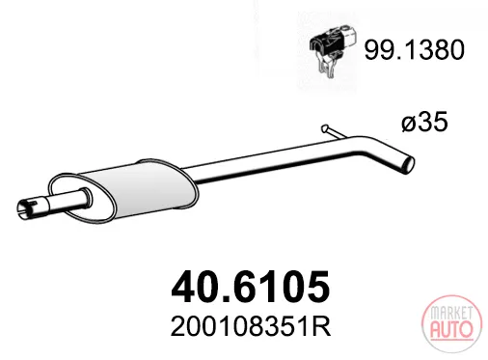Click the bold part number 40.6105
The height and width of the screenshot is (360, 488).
coord(251,287)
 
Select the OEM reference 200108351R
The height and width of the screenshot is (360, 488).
coord(251,327)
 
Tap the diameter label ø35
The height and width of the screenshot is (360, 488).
coord(424,122)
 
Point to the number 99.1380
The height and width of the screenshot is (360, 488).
coord(415,50)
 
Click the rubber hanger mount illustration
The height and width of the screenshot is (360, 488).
coord(333,49)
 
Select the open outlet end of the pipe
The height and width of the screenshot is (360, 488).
coord(408,165)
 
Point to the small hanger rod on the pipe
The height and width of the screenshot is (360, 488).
coord(334,132)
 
